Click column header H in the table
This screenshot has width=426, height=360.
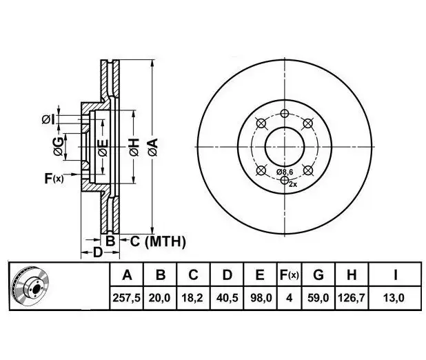click(x=352, y=274)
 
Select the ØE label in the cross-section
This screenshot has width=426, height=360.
click(x=102, y=148)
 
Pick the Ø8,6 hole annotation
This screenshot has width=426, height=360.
click(x=285, y=171)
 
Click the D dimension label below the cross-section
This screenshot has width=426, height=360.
click(x=98, y=253)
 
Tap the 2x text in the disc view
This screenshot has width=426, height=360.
click(x=292, y=184)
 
